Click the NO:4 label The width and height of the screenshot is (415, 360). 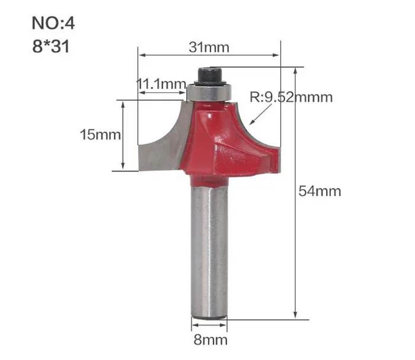click(x=53, y=23)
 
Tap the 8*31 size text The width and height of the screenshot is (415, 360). click(x=51, y=46)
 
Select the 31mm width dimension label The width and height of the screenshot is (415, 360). click(x=209, y=47)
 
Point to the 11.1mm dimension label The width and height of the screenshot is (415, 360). click(x=161, y=84)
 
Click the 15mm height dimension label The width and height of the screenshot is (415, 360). click(x=100, y=135)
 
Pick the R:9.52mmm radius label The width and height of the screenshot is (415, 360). click(x=291, y=97)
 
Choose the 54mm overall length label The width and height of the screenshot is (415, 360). click(x=320, y=191)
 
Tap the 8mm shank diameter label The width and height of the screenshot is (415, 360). click(x=210, y=340)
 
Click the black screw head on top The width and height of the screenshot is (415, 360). click(x=210, y=76)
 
